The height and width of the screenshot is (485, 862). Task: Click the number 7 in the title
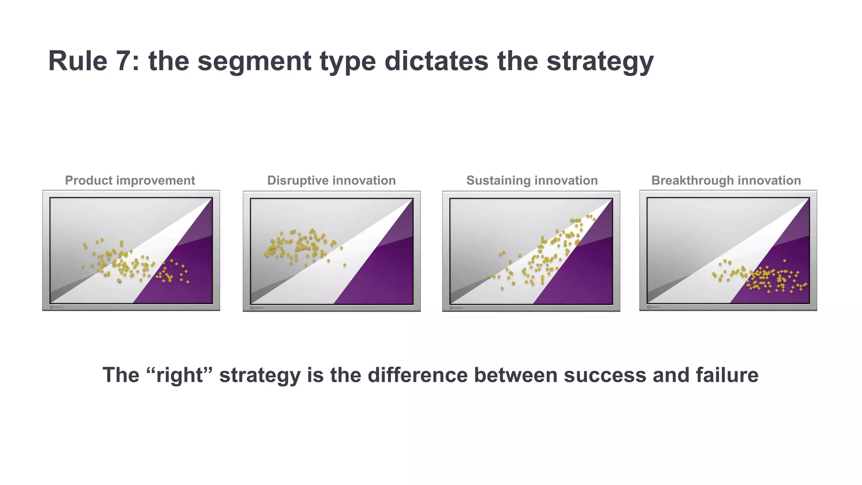124,61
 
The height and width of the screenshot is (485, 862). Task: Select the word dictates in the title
436,61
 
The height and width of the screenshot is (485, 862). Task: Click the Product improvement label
130,181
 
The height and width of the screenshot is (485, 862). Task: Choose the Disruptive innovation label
331,181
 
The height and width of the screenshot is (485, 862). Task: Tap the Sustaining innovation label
532,181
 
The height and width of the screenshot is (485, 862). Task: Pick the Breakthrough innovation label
726,181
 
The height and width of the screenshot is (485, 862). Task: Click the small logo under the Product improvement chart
56,307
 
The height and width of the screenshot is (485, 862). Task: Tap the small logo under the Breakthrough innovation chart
653,307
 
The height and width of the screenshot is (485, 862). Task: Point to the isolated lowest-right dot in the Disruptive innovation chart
345,265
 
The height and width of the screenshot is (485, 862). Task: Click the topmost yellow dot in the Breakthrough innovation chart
785,261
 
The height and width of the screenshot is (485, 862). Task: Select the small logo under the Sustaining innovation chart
456,308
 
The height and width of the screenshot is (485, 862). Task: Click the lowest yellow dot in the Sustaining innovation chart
502,288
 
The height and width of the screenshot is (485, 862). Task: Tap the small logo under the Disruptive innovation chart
257,308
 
